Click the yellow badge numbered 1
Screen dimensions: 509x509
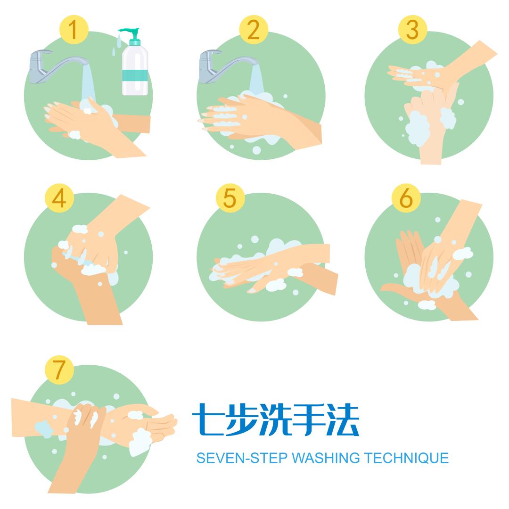tap(74, 30)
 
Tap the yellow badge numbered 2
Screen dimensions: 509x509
tap(254, 30)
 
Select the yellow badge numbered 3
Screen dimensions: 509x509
tap(412, 30)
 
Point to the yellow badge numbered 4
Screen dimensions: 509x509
tap(59, 198)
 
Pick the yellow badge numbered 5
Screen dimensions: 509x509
tap(230, 198)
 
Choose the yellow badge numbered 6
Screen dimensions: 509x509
tap(406, 198)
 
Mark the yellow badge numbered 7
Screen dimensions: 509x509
tap(59, 370)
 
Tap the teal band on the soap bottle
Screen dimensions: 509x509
tap(135, 75)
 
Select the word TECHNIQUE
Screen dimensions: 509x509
tap(406, 458)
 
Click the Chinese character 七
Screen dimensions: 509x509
tap(208, 419)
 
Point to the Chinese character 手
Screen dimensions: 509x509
tap(309, 419)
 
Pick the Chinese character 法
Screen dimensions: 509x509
tap(343, 419)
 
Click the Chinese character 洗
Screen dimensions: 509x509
tap(275, 419)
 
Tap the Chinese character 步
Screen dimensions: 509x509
tap(241, 419)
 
